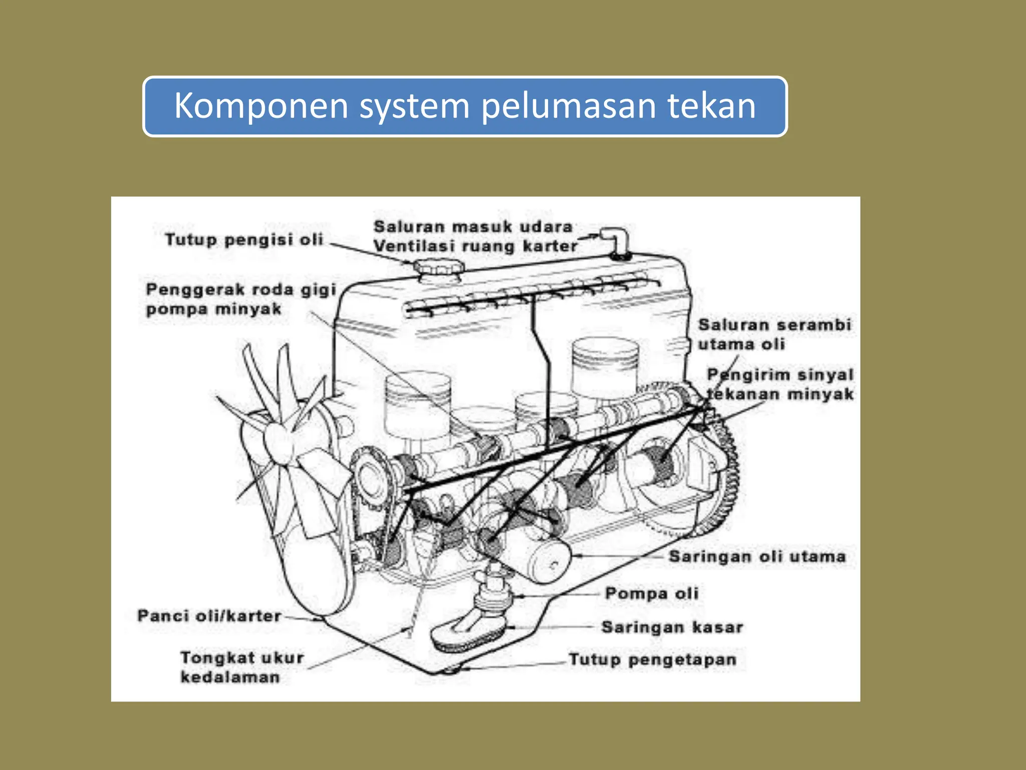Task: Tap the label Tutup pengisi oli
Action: pos(244,240)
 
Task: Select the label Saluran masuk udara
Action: pos(473,227)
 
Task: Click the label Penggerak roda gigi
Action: pos(240,290)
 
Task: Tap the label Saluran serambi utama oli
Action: pos(774,334)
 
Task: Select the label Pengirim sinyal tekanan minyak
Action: pos(780,384)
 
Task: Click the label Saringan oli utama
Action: pos(757,556)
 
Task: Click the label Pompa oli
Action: pos(651,594)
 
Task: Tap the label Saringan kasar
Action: pos(672,627)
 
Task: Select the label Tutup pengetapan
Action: pos(652,659)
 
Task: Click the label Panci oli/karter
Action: pos(209,616)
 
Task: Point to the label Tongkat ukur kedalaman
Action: pos(241,667)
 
